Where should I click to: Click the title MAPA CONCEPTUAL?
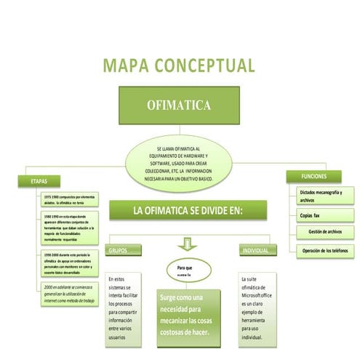[x=179, y=65]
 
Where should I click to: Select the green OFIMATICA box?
[x=179, y=105]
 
